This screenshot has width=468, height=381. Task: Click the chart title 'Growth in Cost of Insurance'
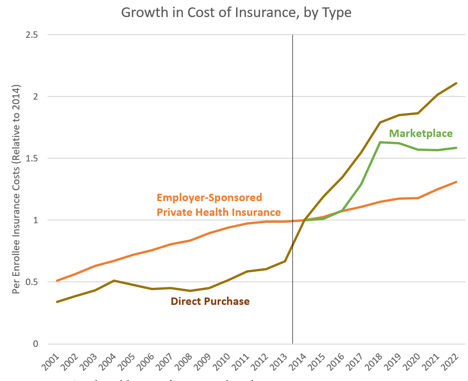(236, 12)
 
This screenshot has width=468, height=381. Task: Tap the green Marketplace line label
(421, 134)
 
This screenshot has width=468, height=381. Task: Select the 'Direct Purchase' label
(210, 302)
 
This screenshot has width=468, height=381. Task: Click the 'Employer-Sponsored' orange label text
(209, 198)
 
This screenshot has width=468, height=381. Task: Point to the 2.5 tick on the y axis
(32, 35)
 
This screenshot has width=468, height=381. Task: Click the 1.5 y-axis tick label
(32, 158)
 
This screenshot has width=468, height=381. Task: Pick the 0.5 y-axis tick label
(32, 282)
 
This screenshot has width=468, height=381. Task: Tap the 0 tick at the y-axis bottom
(35, 344)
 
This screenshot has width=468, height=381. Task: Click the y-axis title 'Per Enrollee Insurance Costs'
(16, 190)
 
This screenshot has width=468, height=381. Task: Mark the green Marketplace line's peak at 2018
(380, 142)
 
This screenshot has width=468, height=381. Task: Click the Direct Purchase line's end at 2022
(456, 83)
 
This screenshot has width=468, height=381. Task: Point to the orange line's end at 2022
(456, 182)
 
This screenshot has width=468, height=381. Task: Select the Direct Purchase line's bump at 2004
(114, 280)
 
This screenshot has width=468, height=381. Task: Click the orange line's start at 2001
(56, 280)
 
